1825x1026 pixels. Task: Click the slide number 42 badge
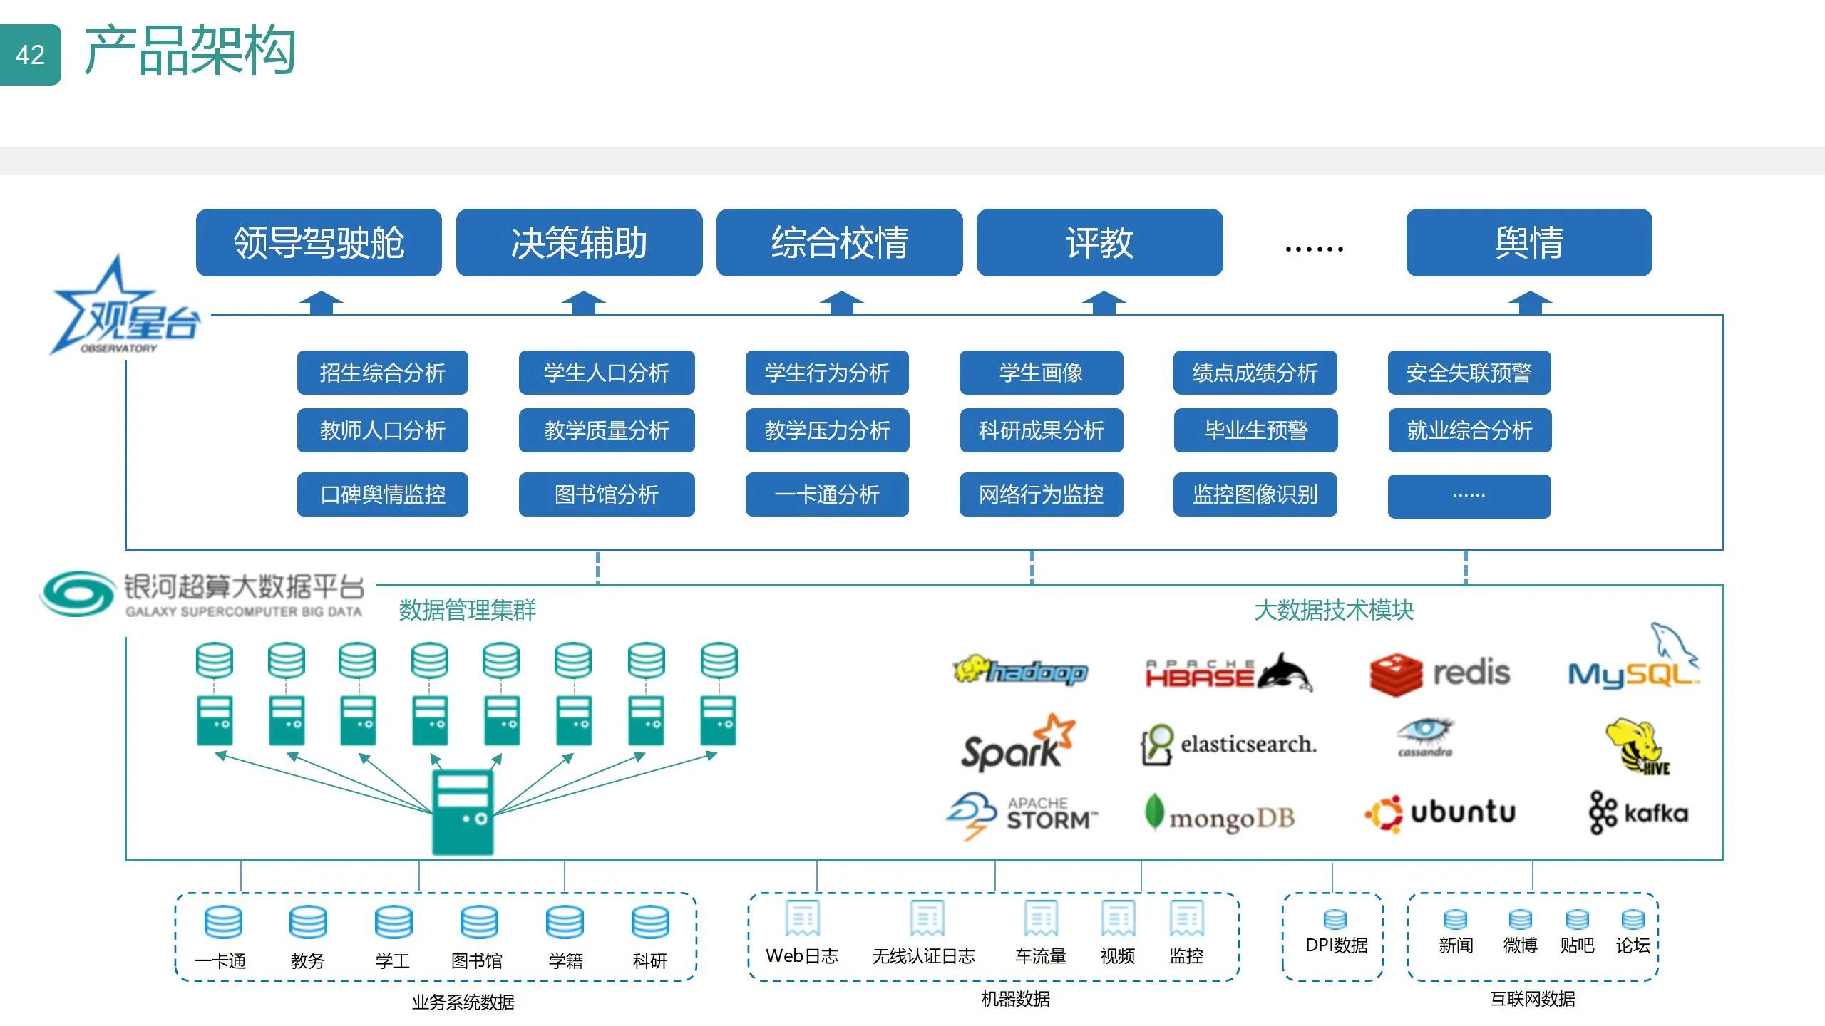coord(30,55)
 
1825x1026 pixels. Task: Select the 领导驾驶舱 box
coord(319,242)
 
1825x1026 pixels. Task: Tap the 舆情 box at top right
coord(1528,242)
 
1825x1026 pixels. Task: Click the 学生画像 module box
coord(1041,372)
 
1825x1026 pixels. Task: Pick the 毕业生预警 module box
coord(1255,430)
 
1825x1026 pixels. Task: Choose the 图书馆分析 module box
coord(607,494)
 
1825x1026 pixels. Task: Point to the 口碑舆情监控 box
coord(383,494)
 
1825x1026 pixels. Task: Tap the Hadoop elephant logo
coord(1019,671)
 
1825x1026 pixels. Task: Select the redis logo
coord(1439,673)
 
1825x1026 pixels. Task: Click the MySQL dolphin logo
coord(1633,663)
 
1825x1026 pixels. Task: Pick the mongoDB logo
coord(1220,816)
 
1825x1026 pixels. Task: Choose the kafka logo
coord(1638,812)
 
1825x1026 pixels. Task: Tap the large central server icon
coord(463,812)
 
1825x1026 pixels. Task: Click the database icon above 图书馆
coord(478,923)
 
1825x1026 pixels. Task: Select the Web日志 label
coord(802,956)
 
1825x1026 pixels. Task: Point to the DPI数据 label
coord(1336,945)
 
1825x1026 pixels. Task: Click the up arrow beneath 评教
coord(1104,303)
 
